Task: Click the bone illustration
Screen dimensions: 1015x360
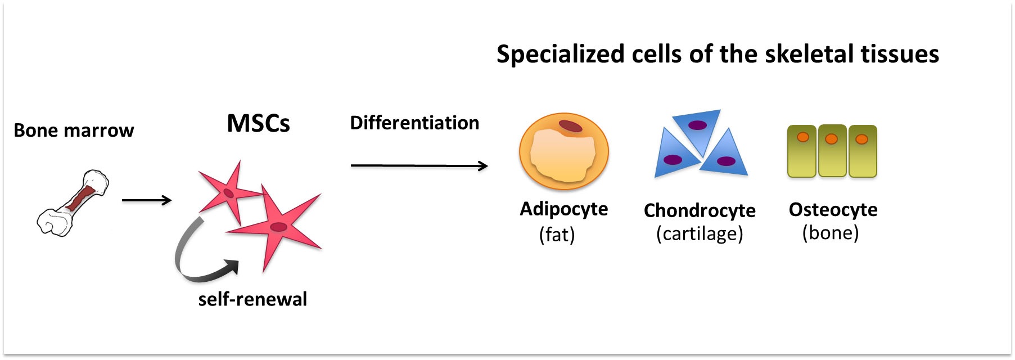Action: [73, 202]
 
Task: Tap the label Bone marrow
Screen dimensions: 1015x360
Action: [74, 130]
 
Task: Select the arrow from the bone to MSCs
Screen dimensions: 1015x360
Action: [147, 200]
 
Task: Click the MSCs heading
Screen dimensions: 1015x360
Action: [258, 123]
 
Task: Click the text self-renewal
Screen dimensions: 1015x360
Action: [252, 299]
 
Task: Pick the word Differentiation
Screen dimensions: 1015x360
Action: [414, 123]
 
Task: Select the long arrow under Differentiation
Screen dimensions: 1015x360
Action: [419, 165]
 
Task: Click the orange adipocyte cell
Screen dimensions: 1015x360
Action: [564, 151]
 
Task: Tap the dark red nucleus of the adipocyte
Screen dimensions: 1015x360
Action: [570, 126]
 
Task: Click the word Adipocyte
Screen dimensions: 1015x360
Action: [564, 209]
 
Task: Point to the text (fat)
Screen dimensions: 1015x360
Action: [557, 234]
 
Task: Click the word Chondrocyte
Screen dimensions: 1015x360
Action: [700, 210]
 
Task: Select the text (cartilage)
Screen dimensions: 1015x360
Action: [700, 233]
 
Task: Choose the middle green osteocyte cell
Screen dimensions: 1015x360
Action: [832, 151]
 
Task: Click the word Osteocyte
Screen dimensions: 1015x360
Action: [833, 209]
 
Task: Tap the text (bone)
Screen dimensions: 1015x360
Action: [831, 233]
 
